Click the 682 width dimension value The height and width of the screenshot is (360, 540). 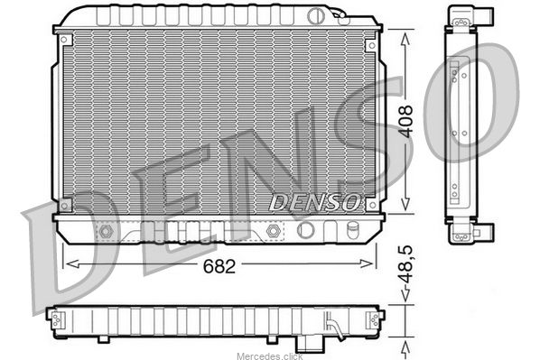[219, 265]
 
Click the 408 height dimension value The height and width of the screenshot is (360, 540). [406, 122]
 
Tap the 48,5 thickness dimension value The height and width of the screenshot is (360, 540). [405, 264]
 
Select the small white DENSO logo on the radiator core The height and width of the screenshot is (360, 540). [315, 202]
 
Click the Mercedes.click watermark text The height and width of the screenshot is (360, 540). [270, 355]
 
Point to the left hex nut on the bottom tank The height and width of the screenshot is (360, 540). [106, 231]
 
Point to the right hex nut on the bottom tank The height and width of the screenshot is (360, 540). [273, 231]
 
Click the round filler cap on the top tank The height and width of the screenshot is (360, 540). [315, 16]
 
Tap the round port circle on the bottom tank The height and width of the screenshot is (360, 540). [305, 230]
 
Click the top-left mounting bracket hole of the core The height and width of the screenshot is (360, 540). [64, 40]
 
